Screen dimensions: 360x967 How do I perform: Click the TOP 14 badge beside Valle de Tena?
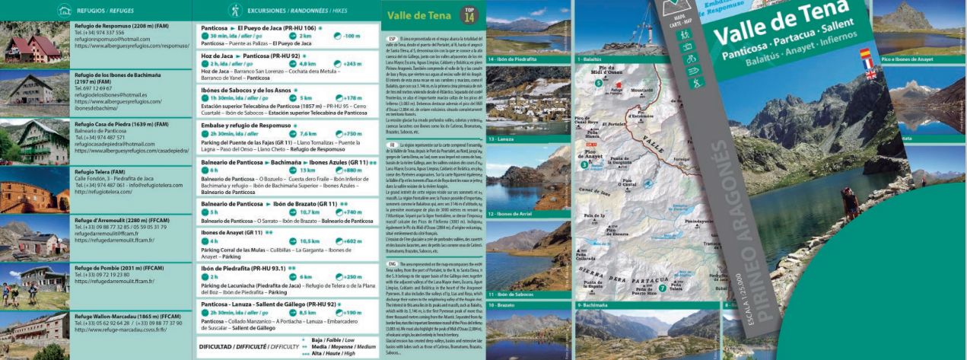[468, 14]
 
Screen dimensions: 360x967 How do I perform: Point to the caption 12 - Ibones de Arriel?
[515, 214]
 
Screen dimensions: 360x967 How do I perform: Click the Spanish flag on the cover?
[864, 53]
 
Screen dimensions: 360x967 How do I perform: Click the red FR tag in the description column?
[392, 144]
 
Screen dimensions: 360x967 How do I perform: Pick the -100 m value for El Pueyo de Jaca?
[351, 36]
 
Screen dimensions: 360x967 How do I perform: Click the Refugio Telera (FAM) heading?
[100, 171]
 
